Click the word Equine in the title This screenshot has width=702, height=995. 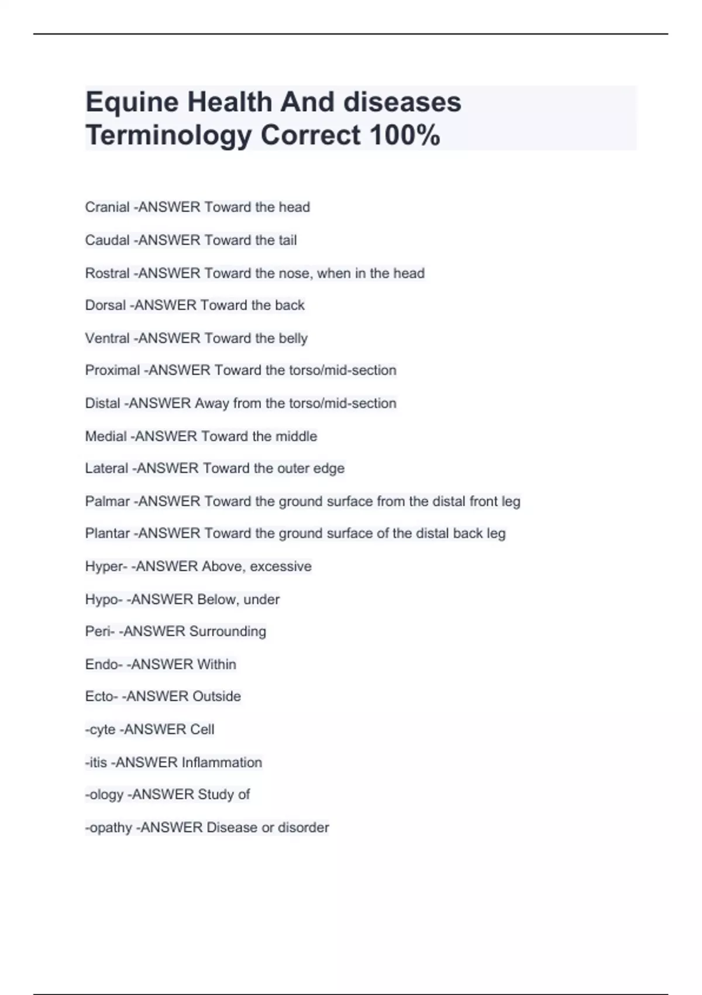[x=132, y=103]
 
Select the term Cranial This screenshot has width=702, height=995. [x=107, y=207]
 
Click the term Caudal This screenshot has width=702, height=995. [x=107, y=241]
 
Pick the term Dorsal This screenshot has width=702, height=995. [x=105, y=306]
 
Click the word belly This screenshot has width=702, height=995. [x=293, y=338]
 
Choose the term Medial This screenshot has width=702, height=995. [x=106, y=437]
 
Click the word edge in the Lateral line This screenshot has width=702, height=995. [x=329, y=469]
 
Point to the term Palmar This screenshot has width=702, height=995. [x=107, y=502]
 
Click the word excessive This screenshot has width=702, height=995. [x=281, y=567]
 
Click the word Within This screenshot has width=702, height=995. [x=216, y=665]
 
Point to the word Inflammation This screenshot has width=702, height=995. [x=222, y=763]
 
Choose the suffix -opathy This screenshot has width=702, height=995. [x=109, y=828]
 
